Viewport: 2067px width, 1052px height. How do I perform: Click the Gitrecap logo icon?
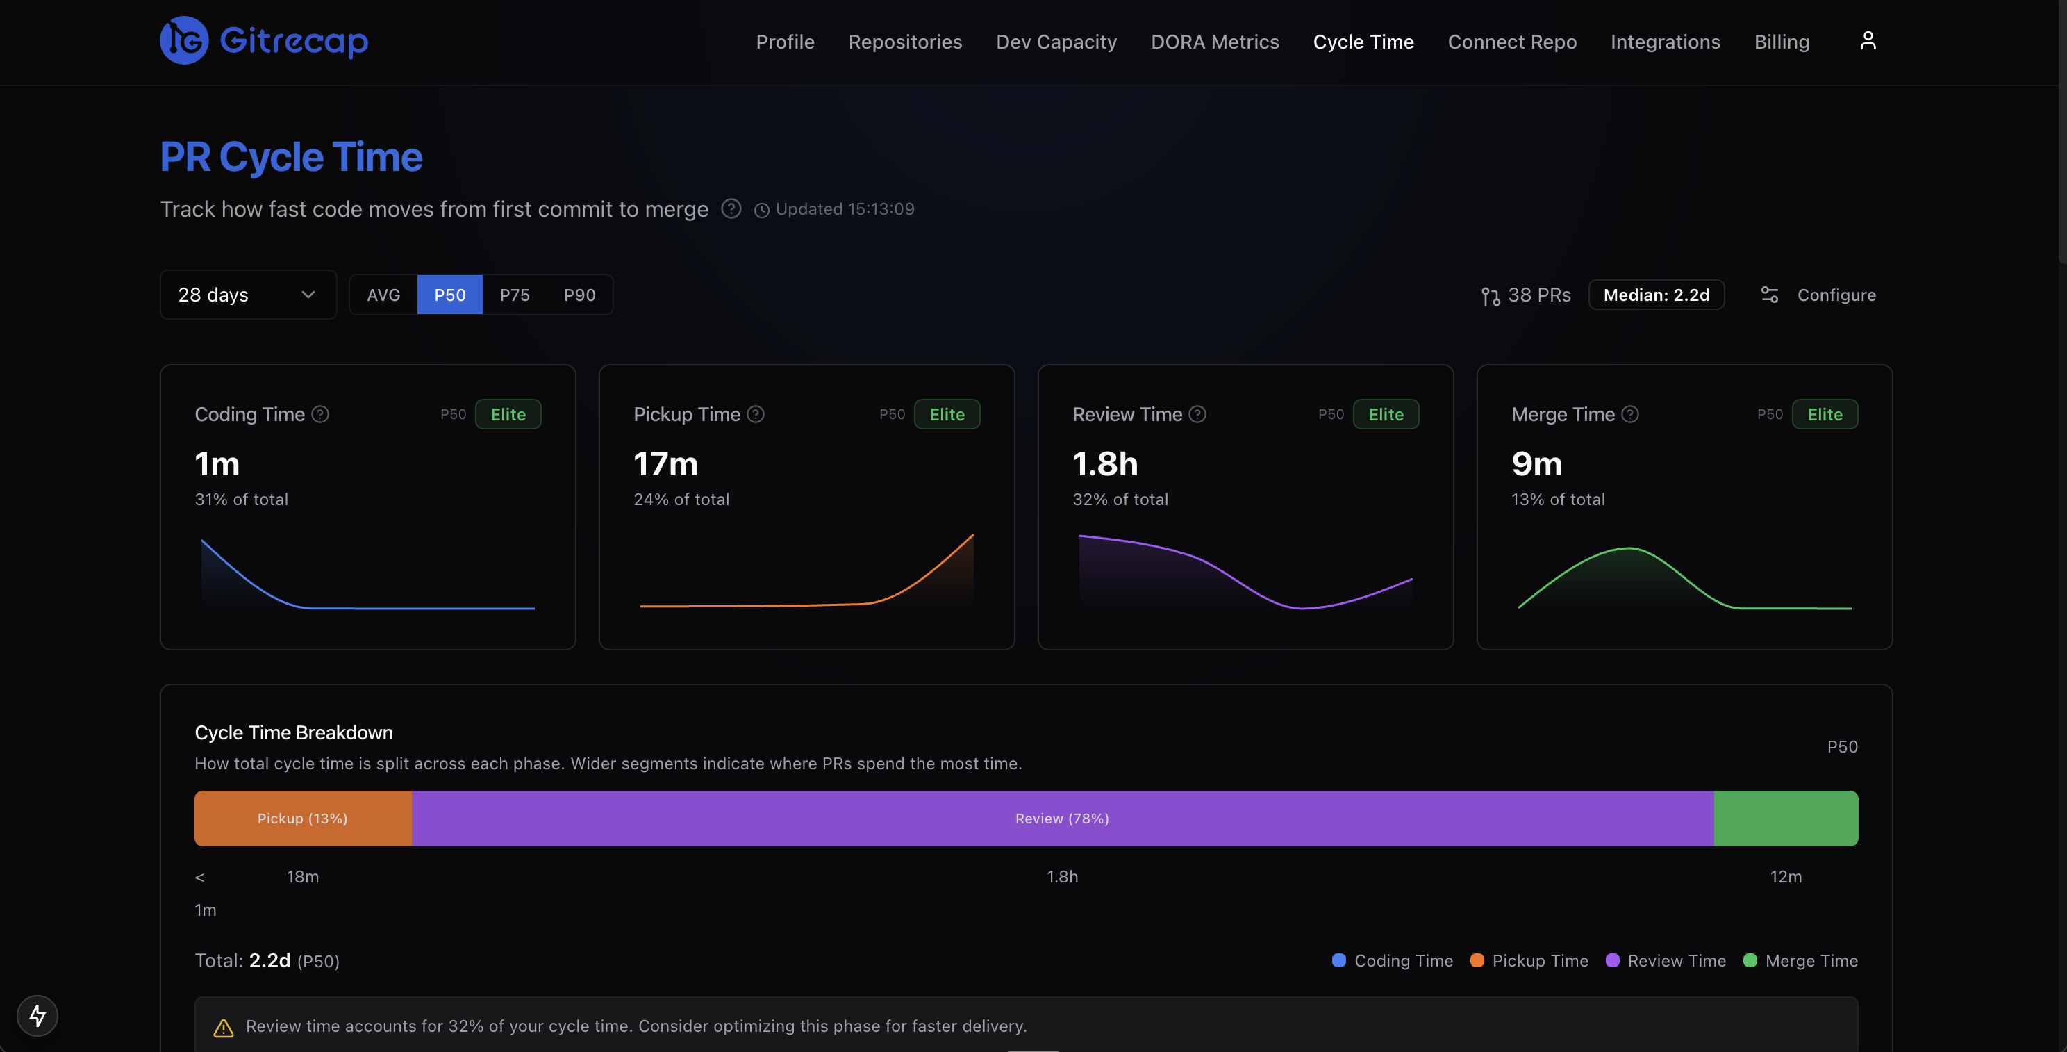[184, 40]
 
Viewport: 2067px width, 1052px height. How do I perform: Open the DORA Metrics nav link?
[1214, 42]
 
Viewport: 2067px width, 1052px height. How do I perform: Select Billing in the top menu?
[1781, 42]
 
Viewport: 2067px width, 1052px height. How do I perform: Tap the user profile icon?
[1867, 41]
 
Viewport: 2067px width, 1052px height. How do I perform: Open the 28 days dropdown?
[247, 295]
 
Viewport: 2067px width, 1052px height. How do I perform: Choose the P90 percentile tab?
[579, 295]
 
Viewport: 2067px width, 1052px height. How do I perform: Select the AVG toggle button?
[383, 295]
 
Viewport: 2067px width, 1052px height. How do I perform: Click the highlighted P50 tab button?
[449, 295]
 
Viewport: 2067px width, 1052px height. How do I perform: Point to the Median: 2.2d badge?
[1655, 295]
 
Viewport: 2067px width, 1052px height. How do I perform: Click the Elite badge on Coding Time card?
[508, 414]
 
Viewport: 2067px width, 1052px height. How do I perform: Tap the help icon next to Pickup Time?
[755, 414]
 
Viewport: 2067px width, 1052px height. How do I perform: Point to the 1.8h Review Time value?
[1104, 463]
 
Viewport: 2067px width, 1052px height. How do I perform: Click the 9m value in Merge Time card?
[1536, 463]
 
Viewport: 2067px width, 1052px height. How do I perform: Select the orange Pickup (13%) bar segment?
[303, 818]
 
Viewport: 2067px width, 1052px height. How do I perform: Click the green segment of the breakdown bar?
[1785, 818]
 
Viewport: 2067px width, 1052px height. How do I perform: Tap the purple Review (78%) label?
[1061, 818]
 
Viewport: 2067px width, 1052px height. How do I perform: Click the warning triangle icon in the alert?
[223, 1027]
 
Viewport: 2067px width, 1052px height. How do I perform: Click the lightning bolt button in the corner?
[37, 1015]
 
